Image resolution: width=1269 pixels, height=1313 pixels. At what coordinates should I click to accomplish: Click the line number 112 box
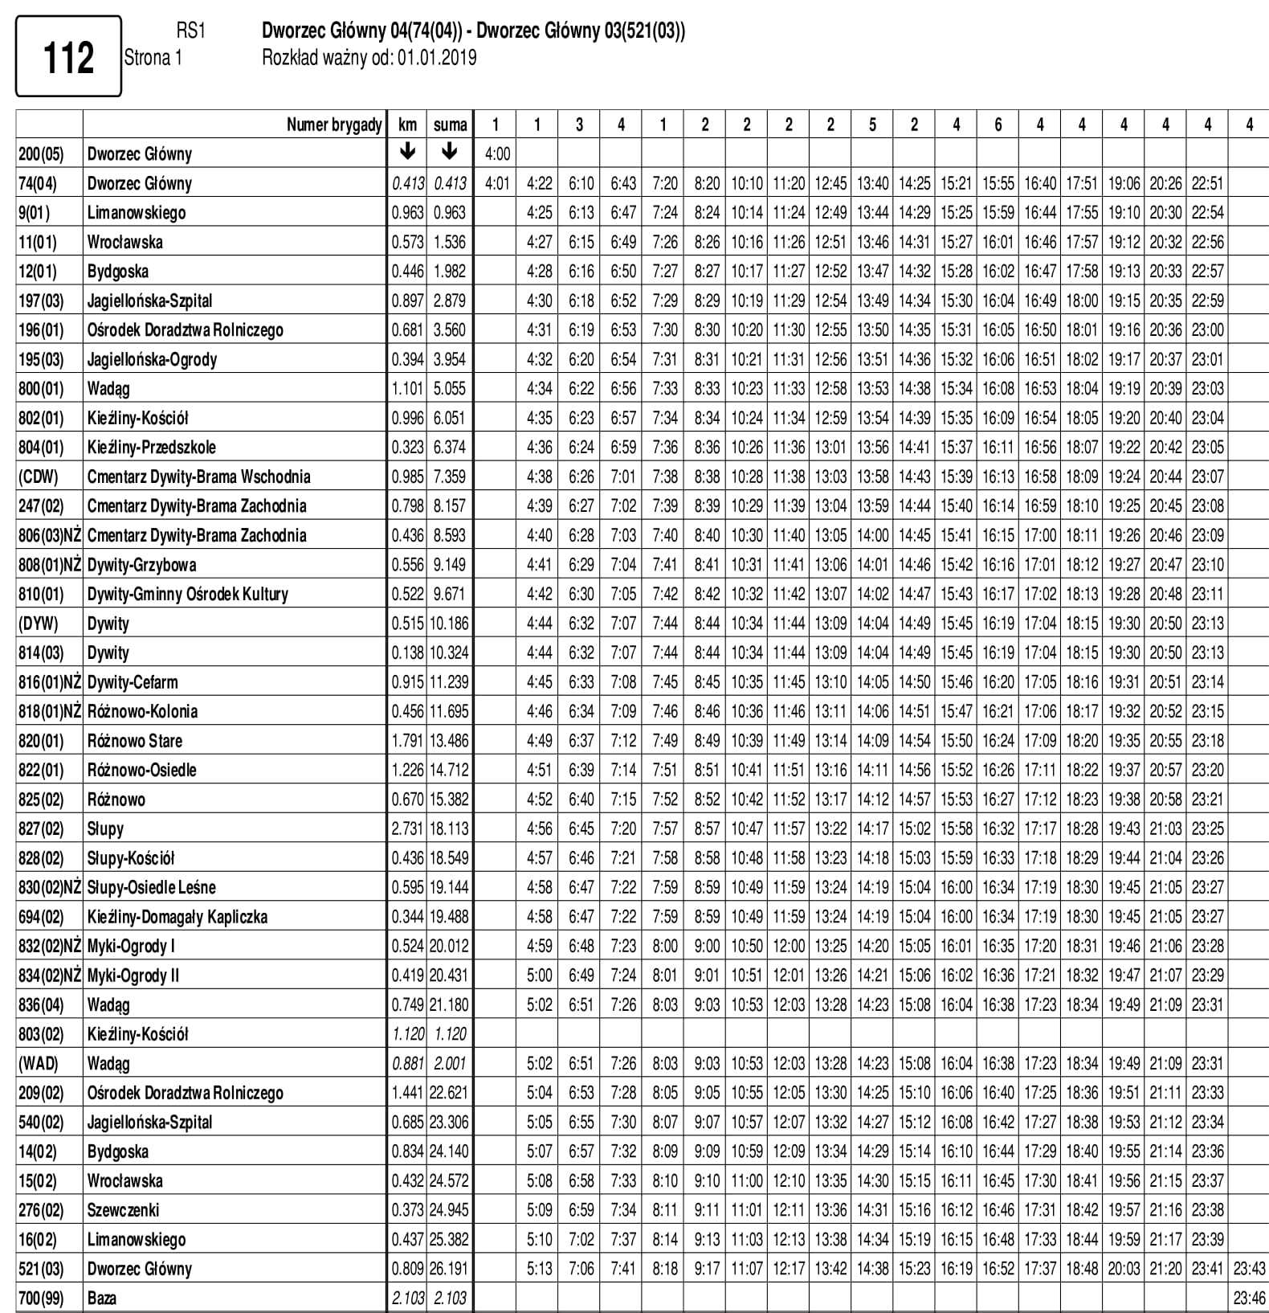click(68, 57)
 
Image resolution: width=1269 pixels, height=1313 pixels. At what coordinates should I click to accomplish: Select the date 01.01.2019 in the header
click(436, 58)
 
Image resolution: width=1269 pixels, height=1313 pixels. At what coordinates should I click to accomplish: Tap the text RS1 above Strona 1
click(190, 31)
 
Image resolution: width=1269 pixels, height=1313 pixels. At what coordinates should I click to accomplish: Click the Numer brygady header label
click(334, 125)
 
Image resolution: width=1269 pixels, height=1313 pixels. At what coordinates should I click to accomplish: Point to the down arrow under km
click(407, 152)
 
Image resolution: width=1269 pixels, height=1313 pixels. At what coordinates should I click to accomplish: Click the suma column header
click(450, 125)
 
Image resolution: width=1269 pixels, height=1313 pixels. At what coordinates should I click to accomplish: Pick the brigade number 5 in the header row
click(872, 125)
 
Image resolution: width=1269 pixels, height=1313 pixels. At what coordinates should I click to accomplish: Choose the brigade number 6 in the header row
click(998, 125)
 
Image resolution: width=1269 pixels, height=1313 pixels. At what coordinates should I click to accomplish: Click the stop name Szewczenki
click(123, 1210)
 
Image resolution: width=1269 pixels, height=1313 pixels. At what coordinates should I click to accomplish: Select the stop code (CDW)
click(38, 477)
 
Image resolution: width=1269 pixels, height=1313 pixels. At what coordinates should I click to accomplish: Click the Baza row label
click(101, 1298)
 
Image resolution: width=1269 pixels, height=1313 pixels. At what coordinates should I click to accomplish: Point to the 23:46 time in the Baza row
click(1249, 1298)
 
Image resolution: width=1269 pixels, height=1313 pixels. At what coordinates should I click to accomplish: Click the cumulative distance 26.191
click(449, 1269)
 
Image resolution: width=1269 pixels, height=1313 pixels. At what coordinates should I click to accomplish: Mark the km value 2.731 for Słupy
click(407, 828)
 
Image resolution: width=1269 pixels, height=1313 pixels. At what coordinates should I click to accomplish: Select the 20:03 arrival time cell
click(1124, 1269)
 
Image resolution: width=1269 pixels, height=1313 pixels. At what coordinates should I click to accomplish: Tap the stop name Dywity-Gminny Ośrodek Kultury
click(187, 594)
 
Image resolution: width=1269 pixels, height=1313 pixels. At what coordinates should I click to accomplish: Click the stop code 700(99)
click(40, 1298)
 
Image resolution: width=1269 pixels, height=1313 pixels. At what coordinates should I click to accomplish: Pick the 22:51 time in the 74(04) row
click(1207, 183)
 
